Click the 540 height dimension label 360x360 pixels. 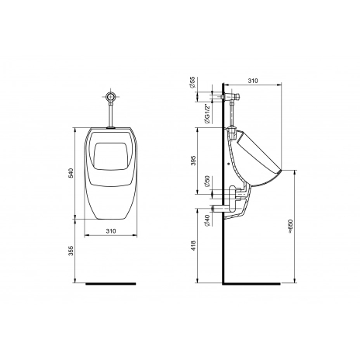(71, 173)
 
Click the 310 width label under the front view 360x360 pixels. (111, 231)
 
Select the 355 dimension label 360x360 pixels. (71, 251)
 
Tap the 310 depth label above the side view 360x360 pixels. (253, 81)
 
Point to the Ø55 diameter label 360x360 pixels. (192, 82)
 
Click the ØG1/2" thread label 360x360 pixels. (207, 113)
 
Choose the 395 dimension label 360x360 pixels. (194, 161)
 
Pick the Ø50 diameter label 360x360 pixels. (207, 182)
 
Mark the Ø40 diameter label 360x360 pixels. (207, 220)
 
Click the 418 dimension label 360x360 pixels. (194, 246)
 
